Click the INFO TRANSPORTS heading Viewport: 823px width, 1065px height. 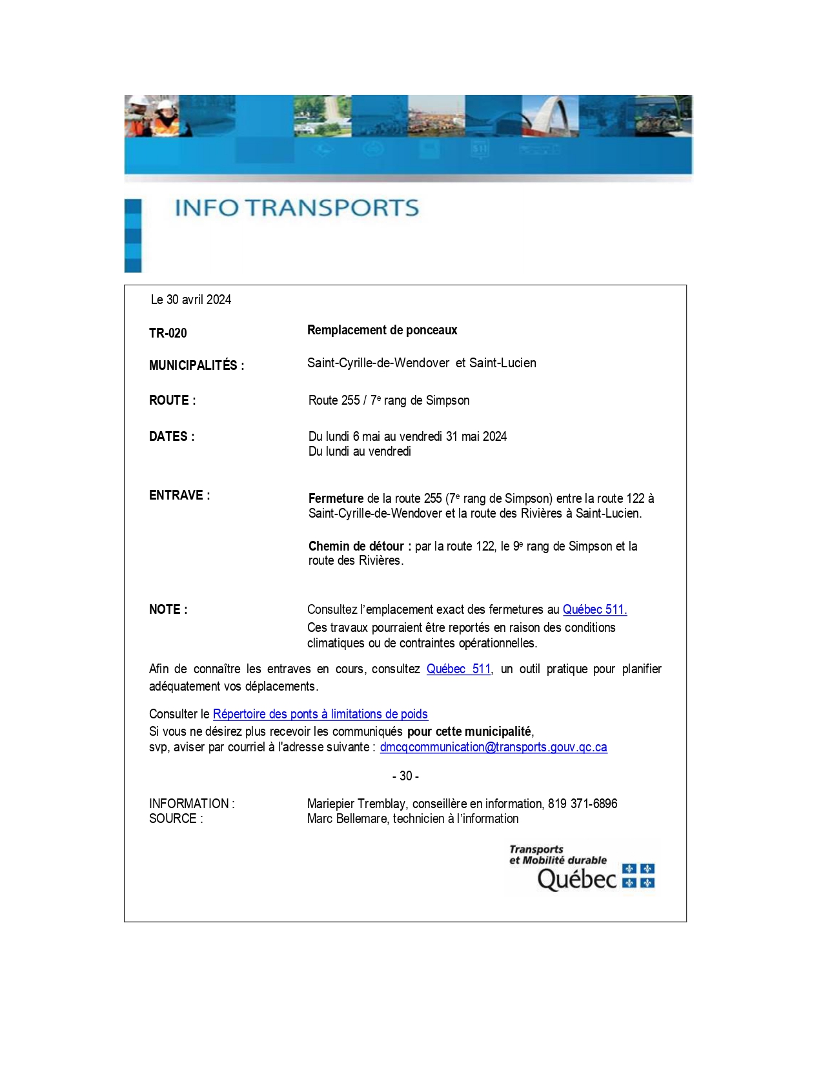coord(297,208)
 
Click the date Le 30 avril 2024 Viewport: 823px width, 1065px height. coord(191,299)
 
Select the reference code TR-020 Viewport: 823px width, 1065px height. coord(168,333)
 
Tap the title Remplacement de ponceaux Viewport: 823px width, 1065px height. coord(382,330)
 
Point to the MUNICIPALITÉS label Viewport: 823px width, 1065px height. coord(196,365)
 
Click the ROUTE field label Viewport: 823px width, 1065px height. coord(172,400)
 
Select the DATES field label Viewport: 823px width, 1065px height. coord(172,436)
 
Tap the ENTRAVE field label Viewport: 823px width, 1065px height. coord(179,495)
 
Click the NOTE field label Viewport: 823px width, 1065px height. coord(168,609)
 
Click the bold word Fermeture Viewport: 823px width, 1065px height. coord(336,498)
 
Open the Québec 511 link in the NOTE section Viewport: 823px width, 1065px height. coord(594,609)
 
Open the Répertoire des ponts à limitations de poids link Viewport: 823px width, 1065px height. coord(320,714)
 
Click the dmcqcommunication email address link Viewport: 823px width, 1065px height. coord(493,747)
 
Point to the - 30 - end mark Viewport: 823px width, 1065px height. coord(405,776)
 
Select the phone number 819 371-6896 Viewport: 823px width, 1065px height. coord(582,804)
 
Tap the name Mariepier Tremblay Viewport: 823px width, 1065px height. coord(356,804)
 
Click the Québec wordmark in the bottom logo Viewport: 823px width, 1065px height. coord(577,878)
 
